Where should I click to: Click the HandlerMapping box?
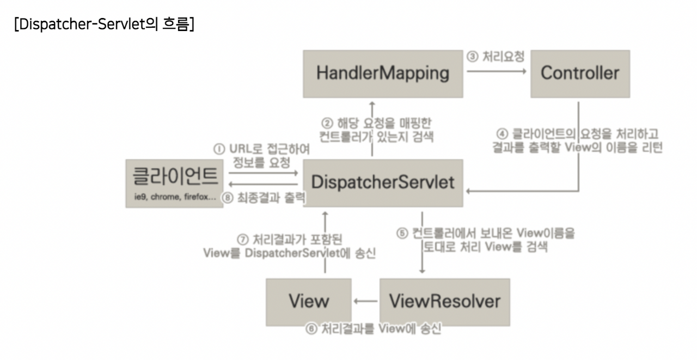pyautogui.click(x=383, y=74)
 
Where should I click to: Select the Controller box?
pyautogui.click(x=579, y=74)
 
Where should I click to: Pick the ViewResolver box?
pyautogui.click(x=444, y=301)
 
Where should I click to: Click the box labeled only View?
pyautogui.click(x=308, y=301)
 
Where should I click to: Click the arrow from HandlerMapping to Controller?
pyautogui.click(x=497, y=71)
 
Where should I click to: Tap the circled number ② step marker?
pyautogui.click(x=327, y=123)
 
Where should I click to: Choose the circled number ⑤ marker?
pyautogui.click(x=402, y=234)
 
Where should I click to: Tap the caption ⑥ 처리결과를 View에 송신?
pyautogui.click(x=373, y=330)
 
